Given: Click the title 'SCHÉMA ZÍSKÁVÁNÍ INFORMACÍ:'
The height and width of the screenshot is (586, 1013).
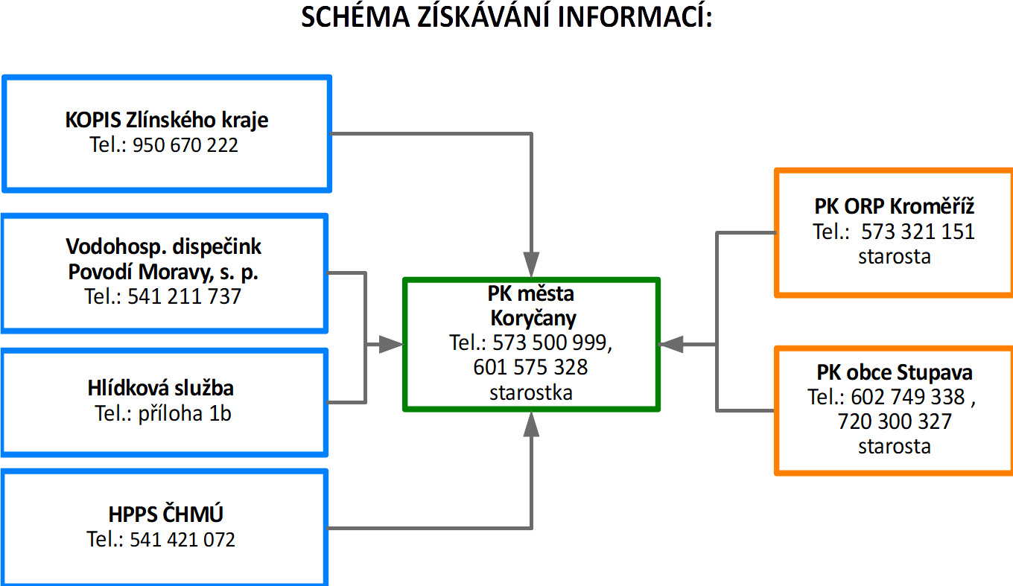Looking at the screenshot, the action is (x=506, y=17).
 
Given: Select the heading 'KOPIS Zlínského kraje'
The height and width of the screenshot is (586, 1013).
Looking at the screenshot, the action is (x=166, y=121).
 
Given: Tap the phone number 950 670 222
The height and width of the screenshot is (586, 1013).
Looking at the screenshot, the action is (x=185, y=145).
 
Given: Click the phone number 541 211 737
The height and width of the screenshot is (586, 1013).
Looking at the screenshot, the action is (x=185, y=296).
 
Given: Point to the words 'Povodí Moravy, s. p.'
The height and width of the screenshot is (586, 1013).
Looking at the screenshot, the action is (x=163, y=273).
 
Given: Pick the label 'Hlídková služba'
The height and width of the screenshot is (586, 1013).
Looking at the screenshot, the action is (x=161, y=388).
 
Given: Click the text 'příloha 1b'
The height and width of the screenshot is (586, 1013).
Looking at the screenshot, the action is (x=185, y=414).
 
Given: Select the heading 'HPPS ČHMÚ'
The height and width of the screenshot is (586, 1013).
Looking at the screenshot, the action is (x=166, y=514).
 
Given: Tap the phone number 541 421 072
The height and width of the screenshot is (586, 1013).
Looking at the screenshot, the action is (x=182, y=539).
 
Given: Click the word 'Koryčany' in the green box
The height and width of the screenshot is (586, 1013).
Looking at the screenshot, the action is (x=533, y=319).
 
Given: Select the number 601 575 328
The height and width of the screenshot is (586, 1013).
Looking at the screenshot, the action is (x=530, y=366).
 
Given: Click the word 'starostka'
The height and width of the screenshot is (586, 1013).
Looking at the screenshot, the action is (x=531, y=392).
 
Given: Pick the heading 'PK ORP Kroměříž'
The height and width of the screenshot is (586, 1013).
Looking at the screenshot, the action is (x=894, y=207).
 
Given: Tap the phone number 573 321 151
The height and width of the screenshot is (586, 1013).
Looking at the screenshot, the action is (x=918, y=232).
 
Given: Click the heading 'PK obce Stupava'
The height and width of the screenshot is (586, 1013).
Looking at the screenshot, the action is (x=895, y=372).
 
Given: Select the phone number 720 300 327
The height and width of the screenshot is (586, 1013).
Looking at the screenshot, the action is (x=895, y=421).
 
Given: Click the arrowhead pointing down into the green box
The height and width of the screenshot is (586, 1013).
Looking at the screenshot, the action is (x=531, y=264).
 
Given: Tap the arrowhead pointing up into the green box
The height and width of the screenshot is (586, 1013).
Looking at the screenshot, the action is (x=531, y=424).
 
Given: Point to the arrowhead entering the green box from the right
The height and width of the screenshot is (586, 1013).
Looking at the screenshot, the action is (x=672, y=345).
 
